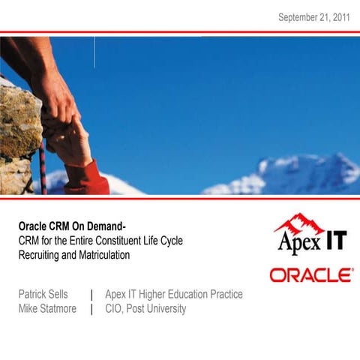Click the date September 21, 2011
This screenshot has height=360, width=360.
click(313, 17)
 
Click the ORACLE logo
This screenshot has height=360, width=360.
click(311, 275)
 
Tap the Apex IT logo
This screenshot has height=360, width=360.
click(311, 236)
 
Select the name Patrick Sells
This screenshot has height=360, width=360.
click(47, 295)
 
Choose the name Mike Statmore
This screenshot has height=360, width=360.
click(47, 309)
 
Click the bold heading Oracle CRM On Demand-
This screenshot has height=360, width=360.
click(71, 226)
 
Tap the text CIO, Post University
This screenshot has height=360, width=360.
click(145, 309)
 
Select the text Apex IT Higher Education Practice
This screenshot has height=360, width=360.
click(174, 295)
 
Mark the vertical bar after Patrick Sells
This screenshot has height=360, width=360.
click(91, 295)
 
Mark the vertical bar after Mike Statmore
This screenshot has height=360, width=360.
click(91, 309)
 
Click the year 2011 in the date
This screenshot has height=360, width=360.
click(338, 17)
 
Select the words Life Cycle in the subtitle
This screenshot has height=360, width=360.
click(163, 241)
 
